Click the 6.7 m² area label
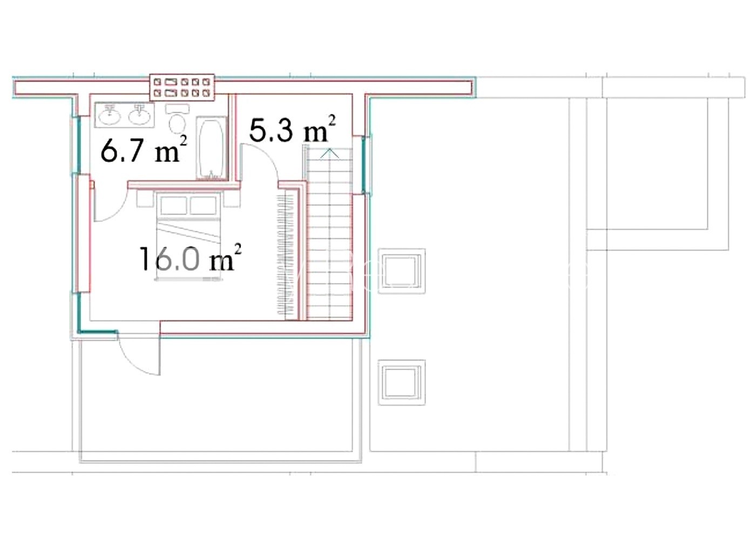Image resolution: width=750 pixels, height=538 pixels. pos(144,149)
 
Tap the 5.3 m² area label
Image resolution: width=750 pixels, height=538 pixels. pos(292,129)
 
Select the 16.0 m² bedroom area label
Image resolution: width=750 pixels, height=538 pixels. pos(190,258)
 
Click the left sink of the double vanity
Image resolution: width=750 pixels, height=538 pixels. pos(110,116)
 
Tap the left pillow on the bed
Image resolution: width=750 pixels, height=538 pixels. pos(173,205)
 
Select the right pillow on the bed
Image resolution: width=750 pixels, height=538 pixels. pos(203,205)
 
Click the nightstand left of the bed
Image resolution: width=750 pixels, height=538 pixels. pos(145,199)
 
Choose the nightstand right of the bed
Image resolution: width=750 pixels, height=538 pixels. pos(232,199)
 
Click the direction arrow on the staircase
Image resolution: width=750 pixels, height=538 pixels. pos(330,153)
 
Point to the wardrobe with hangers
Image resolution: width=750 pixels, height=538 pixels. pos(288,254)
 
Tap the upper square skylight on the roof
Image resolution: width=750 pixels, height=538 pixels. pos(401,271)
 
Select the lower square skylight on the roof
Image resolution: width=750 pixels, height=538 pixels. pos(401,382)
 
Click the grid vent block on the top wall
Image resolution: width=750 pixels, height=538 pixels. pos(182,87)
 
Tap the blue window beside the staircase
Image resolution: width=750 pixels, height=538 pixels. pos(363,165)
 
